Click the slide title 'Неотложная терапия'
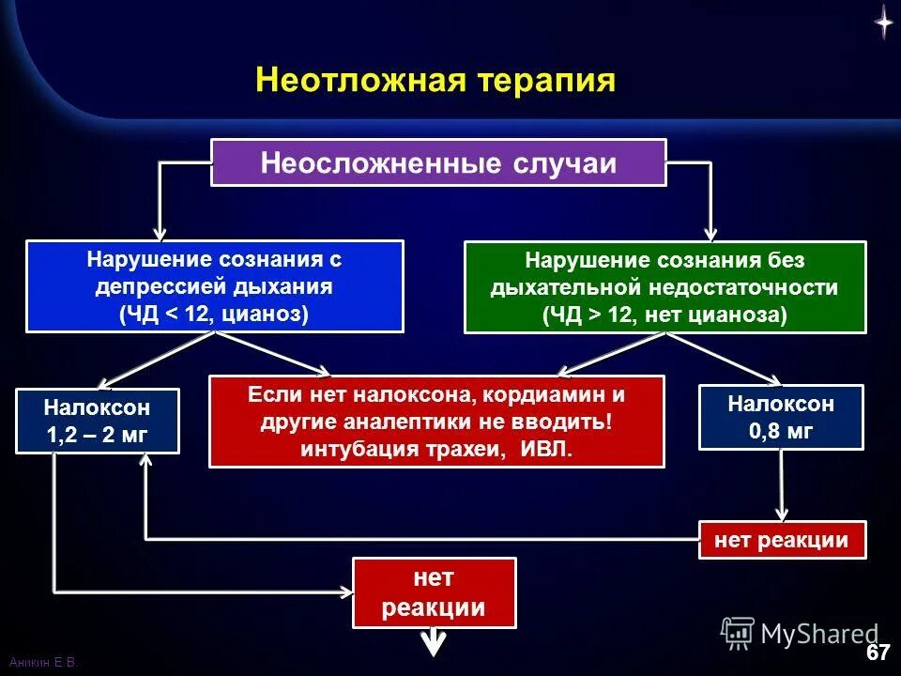[435, 81]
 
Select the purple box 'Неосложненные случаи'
[438, 162]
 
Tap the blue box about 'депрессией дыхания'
[214, 286]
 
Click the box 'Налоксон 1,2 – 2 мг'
[98, 421]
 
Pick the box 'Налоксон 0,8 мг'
[781, 418]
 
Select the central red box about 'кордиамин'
[436, 422]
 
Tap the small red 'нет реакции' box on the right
[782, 540]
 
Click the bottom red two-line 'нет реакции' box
[434, 593]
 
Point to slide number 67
[877, 653]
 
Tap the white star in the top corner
[883, 21]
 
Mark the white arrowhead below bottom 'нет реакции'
[434, 645]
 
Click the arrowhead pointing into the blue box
[160, 230]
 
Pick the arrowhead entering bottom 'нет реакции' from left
[345, 591]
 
